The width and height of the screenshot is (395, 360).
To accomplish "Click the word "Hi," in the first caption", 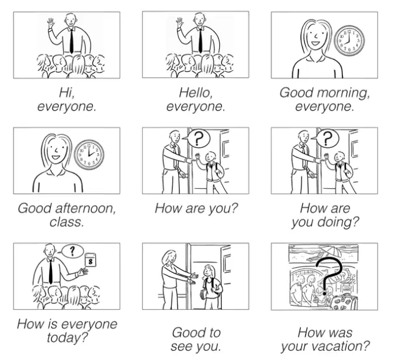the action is click(67, 92).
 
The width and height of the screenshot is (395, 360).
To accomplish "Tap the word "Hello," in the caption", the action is click(196, 92).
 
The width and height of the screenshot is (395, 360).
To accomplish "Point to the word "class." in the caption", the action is click(67, 222).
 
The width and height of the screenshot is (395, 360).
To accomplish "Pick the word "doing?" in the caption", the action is click(338, 223).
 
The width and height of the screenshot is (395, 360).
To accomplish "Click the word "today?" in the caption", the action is click(67, 338).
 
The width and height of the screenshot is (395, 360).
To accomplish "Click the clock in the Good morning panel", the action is click(349, 41).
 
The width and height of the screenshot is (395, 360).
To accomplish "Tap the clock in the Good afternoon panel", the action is click(89, 155).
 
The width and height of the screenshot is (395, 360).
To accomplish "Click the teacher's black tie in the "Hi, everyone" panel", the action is click(71, 41).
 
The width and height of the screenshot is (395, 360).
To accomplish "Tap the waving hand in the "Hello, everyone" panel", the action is click(180, 23).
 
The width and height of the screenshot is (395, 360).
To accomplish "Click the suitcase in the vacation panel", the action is click(344, 302).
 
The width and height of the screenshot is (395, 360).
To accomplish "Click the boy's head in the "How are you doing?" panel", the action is click(339, 157).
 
